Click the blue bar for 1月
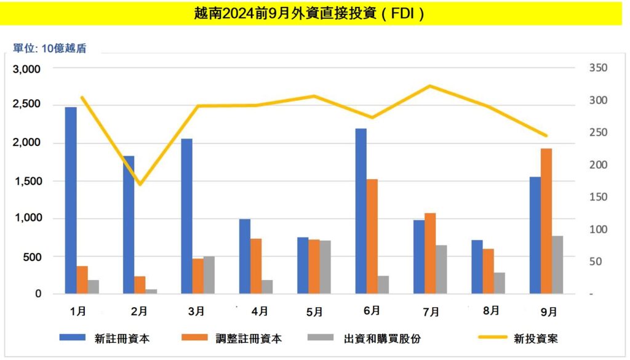71,200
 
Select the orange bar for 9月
546,221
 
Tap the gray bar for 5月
325,267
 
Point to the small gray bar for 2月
151,291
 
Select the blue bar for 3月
186,216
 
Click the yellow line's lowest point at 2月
140,184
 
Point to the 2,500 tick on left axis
27,105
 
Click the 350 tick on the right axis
597,68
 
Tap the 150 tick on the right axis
597,198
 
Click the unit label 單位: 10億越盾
49,49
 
